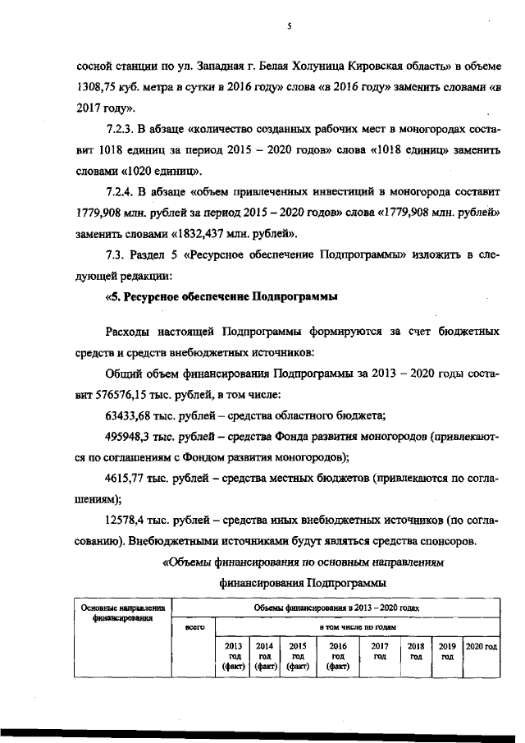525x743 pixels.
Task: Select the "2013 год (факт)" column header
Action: point(234,656)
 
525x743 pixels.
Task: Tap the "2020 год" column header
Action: point(482,646)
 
